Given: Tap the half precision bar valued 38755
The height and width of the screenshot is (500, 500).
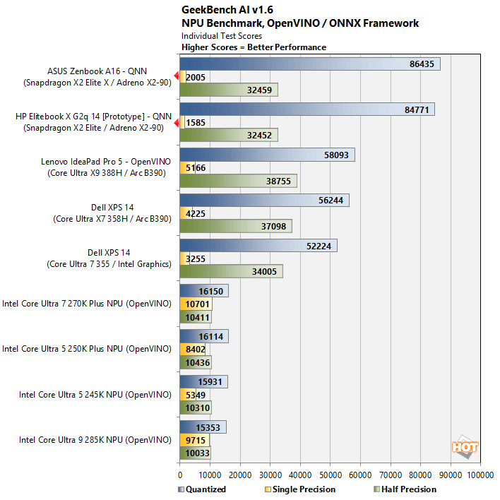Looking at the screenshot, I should (238, 181).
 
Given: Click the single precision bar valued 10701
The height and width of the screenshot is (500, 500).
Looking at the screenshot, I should (196, 304).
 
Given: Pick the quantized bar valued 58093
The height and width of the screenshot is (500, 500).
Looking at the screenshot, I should (267, 155).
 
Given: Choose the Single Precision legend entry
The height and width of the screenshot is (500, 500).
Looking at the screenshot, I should (296, 489).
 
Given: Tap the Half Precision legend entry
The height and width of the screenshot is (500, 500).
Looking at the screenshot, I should (403, 489).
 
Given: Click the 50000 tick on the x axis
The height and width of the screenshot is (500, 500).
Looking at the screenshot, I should (331, 475).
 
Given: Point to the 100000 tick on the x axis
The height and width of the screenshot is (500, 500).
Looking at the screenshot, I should (480, 475).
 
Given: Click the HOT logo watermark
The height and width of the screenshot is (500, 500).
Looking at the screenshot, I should (465, 447).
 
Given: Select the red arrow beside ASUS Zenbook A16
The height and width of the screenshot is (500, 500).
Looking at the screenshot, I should (176, 76).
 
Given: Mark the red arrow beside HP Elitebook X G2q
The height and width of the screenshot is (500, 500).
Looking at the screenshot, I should (176, 121).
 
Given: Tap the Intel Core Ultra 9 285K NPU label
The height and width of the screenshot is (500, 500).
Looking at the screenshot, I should (95, 440).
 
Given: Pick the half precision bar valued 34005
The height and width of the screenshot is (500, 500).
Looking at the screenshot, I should (231, 272).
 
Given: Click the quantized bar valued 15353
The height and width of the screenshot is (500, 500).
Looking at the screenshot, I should (203, 428).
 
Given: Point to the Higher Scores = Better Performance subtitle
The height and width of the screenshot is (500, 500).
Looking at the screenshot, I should (254, 47).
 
